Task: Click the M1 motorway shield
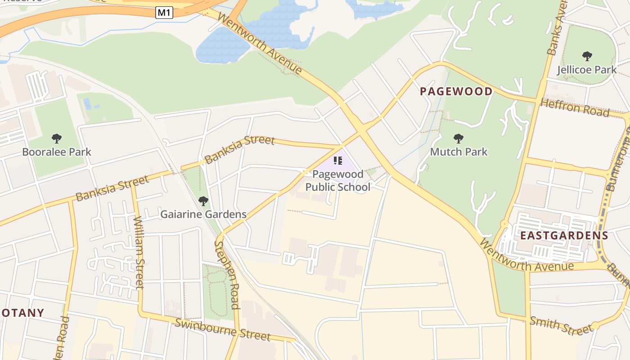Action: pyautogui.click(x=164, y=13)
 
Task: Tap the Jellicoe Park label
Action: pyautogui.click(x=587, y=70)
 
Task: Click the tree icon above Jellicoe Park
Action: pyautogui.click(x=587, y=56)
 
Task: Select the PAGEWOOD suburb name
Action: pyautogui.click(x=456, y=92)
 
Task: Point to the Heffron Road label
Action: pyautogui.click(x=575, y=108)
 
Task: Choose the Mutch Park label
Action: pyautogui.click(x=459, y=152)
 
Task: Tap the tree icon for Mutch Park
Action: pyautogui.click(x=459, y=138)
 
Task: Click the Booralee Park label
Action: pyautogui.click(x=57, y=152)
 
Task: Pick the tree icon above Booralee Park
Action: pyautogui.click(x=57, y=138)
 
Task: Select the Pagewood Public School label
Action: pyautogui.click(x=337, y=180)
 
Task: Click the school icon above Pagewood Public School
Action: pyautogui.click(x=338, y=161)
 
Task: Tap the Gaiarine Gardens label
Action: pyautogui.click(x=203, y=214)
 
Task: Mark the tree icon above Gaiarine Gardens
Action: pyautogui.click(x=203, y=201)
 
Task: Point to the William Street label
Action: pyautogui.click(x=139, y=252)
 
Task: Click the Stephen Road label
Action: pyautogui.click(x=226, y=274)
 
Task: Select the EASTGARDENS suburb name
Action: pyautogui.click(x=564, y=235)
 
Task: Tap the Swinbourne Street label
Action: pyautogui.click(x=223, y=329)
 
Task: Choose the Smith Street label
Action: pyautogui.click(x=561, y=325)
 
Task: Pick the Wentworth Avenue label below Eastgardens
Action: pyautogui.click(x=526, y=259)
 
